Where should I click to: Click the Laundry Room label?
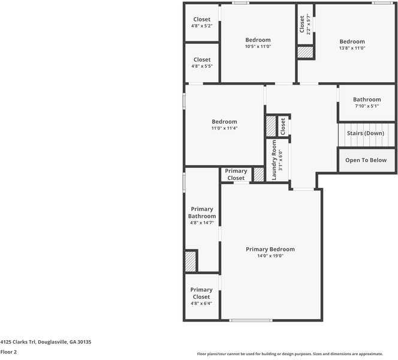[x=274, y=160]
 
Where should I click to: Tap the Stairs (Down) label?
[x=365, y=133]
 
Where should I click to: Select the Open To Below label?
[x=366, y=160]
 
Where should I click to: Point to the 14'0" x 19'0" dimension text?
[x=270, y=256]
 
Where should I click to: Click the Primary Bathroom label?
[x=202, y=212]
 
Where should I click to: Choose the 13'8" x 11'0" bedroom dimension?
[x=352, y=48]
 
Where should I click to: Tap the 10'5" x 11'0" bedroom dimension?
[x=258, y=46]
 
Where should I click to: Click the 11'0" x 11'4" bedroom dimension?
[x=224, y=128]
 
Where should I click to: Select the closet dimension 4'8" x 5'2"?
[x=202, y=26]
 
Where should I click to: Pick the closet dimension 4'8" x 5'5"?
[x=202, y=66]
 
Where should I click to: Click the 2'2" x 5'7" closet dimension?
[x=309, y=24]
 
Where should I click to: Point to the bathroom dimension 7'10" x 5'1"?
[x=367, y=106]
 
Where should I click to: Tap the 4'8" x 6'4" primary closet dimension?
[x=201, y=303]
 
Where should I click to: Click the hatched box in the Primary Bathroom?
[x=191, y=262]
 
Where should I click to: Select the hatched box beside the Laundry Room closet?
[x=271, y=126]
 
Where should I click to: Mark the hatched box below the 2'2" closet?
[x=305, y=52]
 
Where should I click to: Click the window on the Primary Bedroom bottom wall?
[x=251, y=320]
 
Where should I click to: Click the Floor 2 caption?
[x=8, y=352]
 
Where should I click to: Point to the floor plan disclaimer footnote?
[x=290, y=353]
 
